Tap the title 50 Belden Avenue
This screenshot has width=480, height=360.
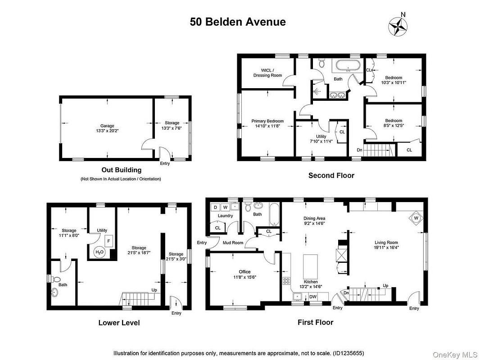pos(238,22)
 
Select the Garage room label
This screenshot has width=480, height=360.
pos(107,126)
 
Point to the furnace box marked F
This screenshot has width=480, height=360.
pos(109,241)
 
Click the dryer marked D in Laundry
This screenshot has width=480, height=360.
pos(216,207)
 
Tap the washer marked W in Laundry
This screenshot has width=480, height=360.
pos(225,207)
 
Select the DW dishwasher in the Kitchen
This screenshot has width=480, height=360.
pos(313,297)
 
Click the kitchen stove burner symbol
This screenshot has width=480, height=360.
pos(286,280)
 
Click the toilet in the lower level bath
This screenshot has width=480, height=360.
pos(55,279)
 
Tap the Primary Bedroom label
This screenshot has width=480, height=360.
pos(267,121)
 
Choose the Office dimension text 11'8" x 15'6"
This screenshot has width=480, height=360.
pos(245,277)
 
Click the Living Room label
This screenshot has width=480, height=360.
pos(386,243)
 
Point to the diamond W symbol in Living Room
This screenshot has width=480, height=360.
pos(416,218)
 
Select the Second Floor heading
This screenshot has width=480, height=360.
pos(331,175)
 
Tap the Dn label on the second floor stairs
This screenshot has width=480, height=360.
pos(360,150)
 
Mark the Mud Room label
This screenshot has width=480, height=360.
pos(233,243)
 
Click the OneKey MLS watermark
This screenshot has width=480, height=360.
pos(455,355)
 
